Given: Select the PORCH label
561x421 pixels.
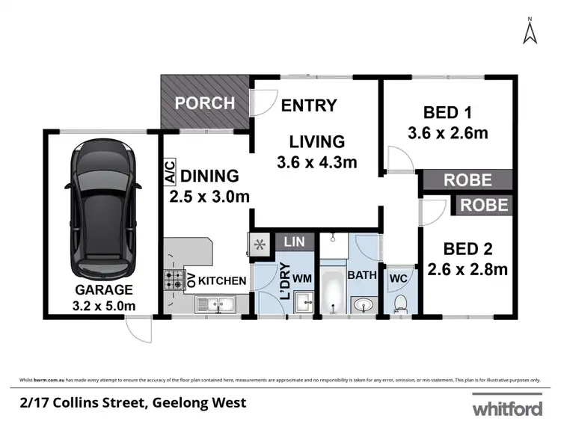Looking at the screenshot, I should pos(205,103).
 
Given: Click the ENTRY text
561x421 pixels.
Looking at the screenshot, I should pos(309,105).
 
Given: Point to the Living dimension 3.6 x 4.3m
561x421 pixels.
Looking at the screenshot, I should pos(317,162).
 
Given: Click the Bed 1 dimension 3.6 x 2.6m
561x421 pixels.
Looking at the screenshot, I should pos(448,134).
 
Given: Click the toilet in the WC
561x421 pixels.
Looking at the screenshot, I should pos(400,301).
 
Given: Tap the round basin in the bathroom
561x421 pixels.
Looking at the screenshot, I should pos(363,304).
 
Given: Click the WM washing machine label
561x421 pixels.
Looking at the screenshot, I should pos(302,277).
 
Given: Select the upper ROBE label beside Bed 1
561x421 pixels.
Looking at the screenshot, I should pos(467,180).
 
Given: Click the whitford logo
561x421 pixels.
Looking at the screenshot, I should pos(507,408).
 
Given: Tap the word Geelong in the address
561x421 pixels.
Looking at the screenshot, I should pos(182,403).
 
